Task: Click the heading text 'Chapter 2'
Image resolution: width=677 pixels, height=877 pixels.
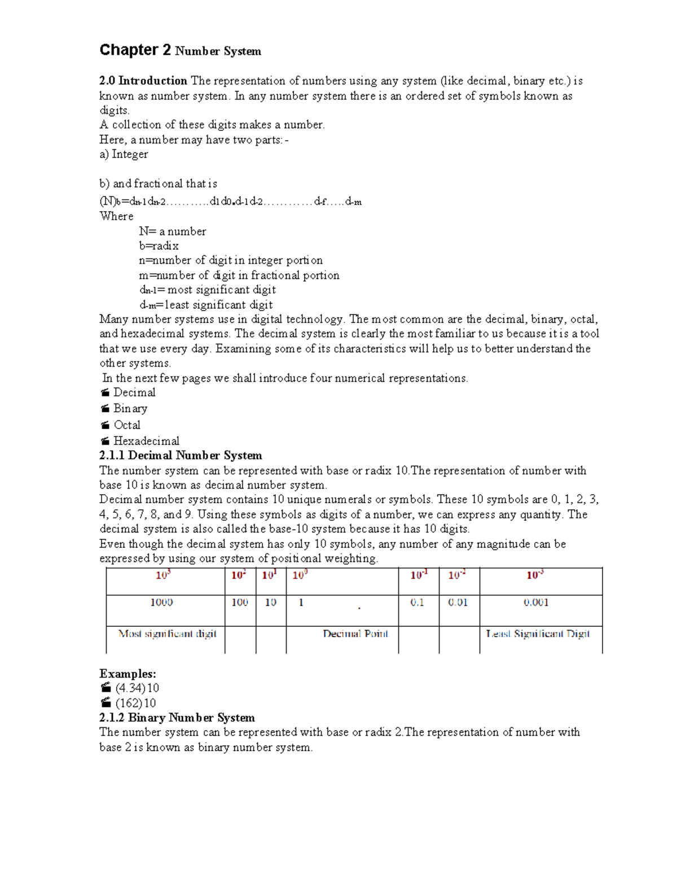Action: pyautogui.click(x=135, y=50)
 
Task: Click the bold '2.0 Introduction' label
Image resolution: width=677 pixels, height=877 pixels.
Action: pyautogui.click(x=143, y=81)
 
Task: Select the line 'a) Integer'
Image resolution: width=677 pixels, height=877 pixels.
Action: pyautogui.click(x=124, y=154)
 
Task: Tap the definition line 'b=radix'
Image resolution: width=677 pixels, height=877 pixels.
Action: pyautogui.click(x=159, y=246)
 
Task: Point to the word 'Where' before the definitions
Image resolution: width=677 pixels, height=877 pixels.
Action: pyautogui.click(x=116, y=216)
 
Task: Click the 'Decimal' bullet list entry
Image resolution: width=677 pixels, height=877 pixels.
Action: pyautogui.click(x=134, y=392)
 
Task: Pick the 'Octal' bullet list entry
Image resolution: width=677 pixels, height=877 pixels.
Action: pyautogui.click(x=127, y=425)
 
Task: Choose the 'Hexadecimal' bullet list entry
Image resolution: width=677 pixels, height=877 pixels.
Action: pyautogui.click(x=146, y=441)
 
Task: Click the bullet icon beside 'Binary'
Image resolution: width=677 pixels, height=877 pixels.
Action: pyautogui.click(x=105, y=408)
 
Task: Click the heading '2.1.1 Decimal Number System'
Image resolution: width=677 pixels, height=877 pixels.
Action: pyautogui.click(x=181, y=456)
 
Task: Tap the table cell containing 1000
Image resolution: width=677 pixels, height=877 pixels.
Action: pyautogui.click(x=161, y=603)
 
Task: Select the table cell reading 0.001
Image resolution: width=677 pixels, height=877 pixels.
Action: pyautogui.click(x=536, y=603)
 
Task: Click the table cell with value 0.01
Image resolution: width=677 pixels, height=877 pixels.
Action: pyautogui.click(x=458, y=603)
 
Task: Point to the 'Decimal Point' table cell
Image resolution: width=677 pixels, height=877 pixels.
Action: pyautogui.click(x=355, y=634)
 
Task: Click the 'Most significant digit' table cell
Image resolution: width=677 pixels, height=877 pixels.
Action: pyautogui.click(x=167, y=634)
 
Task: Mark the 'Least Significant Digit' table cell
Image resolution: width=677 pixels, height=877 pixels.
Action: pyautogui.click(x=538, y=634)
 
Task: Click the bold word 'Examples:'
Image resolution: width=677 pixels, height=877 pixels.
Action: pyautogui.click(x=128, y=674)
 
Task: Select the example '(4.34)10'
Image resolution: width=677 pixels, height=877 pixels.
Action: pyautogui.click(x=137, y=688)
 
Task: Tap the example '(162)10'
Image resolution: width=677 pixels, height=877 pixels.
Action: pyautogui.click(x=135, y=703)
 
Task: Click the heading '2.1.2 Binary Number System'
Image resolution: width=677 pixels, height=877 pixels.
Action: pyautogui.click(x=177, y=718)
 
